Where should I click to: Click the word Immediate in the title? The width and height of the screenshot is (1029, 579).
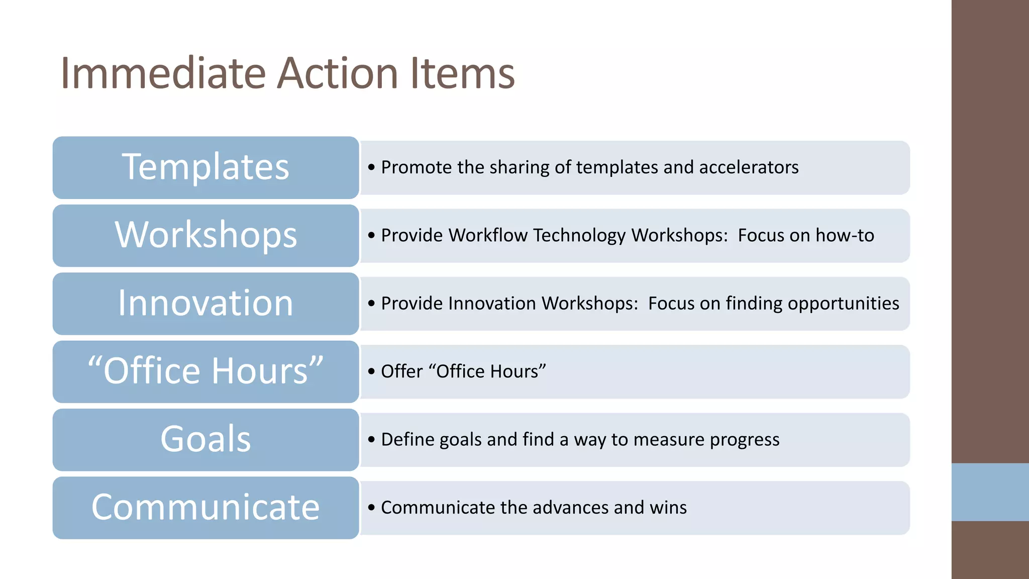pos(163,73)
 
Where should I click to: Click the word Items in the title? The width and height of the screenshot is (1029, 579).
pos(462,73)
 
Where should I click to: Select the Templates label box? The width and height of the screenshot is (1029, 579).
pos(205,167)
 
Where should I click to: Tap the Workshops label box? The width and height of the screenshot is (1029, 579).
pos(205,235)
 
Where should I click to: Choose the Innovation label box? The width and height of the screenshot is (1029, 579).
pos(205,304)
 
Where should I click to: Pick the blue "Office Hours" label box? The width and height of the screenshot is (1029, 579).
pos(205,371)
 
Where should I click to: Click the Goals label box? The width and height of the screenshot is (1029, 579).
pos(205,439)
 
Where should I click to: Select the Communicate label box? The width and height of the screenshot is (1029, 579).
pos(205,508)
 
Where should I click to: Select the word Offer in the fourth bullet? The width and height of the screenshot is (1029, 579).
pos(401,371)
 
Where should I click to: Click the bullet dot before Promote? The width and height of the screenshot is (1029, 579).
pos(371,167)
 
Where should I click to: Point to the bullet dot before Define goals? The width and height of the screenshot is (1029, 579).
pos(371,440)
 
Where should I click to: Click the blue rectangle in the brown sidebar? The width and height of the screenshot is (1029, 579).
pos(990,492)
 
